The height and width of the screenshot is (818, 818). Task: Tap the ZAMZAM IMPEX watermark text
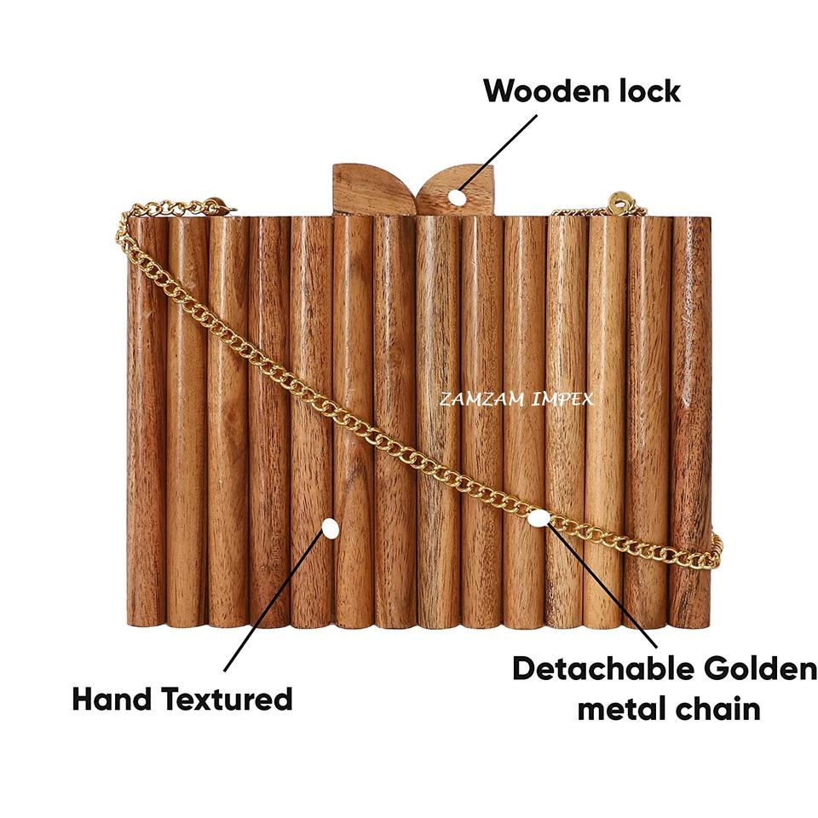click(516, 399)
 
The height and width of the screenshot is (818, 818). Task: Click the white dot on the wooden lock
click(458, 198)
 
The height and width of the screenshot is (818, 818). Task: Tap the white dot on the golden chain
click(538, 517)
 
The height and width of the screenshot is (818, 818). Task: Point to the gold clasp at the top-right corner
click(619, 204)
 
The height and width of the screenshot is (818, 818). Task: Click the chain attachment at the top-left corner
click(213, 205)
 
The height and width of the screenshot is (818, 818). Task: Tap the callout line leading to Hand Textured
click(273, 605)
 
